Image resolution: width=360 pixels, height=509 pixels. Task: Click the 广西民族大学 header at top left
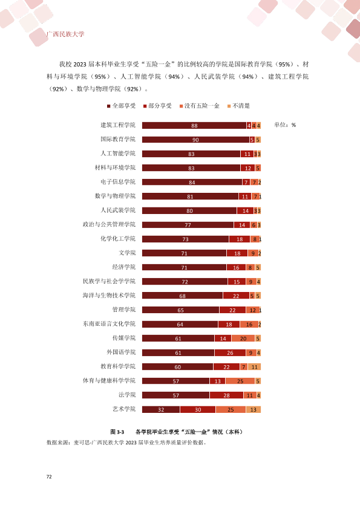(x=65, y=34)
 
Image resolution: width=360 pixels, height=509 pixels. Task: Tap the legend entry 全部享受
(x=122, y=106)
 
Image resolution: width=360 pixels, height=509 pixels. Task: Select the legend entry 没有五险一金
(x=200, y=106)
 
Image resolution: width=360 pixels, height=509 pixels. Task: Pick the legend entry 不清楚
(x=238, y=106)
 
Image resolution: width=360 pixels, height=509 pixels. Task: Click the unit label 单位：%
(x=285, y=125)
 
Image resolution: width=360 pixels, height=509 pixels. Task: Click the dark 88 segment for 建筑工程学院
(x=194, y=126)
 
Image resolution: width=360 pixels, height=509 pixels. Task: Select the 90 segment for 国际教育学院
(x=195, y=140)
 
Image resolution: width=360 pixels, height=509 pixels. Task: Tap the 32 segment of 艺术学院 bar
(x=161, y=410)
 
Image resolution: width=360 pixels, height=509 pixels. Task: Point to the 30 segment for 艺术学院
(x=198, y=410)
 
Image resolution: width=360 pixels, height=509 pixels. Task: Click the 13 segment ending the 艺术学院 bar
(x=254, y=410)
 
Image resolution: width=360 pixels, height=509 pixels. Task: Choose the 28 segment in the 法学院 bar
(x=226, y=395)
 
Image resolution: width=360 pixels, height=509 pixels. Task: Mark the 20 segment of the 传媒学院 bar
(x=243, y=339)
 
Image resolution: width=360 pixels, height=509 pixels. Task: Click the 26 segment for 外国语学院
(x=230, y=353)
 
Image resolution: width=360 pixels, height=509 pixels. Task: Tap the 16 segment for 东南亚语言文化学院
(x=249, y=324)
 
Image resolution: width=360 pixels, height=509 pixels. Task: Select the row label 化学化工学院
(x=118, y=239)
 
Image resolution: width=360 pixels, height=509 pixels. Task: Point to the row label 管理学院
(x=124, y=310)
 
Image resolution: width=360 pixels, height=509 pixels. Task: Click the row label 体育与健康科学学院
(x=109, y=380)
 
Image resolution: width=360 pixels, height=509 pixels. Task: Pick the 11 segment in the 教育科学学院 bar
(x=254, y=367)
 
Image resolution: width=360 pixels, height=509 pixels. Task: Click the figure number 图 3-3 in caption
(x=117, y=432)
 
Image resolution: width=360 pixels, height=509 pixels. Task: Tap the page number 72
(x=49, y=476)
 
